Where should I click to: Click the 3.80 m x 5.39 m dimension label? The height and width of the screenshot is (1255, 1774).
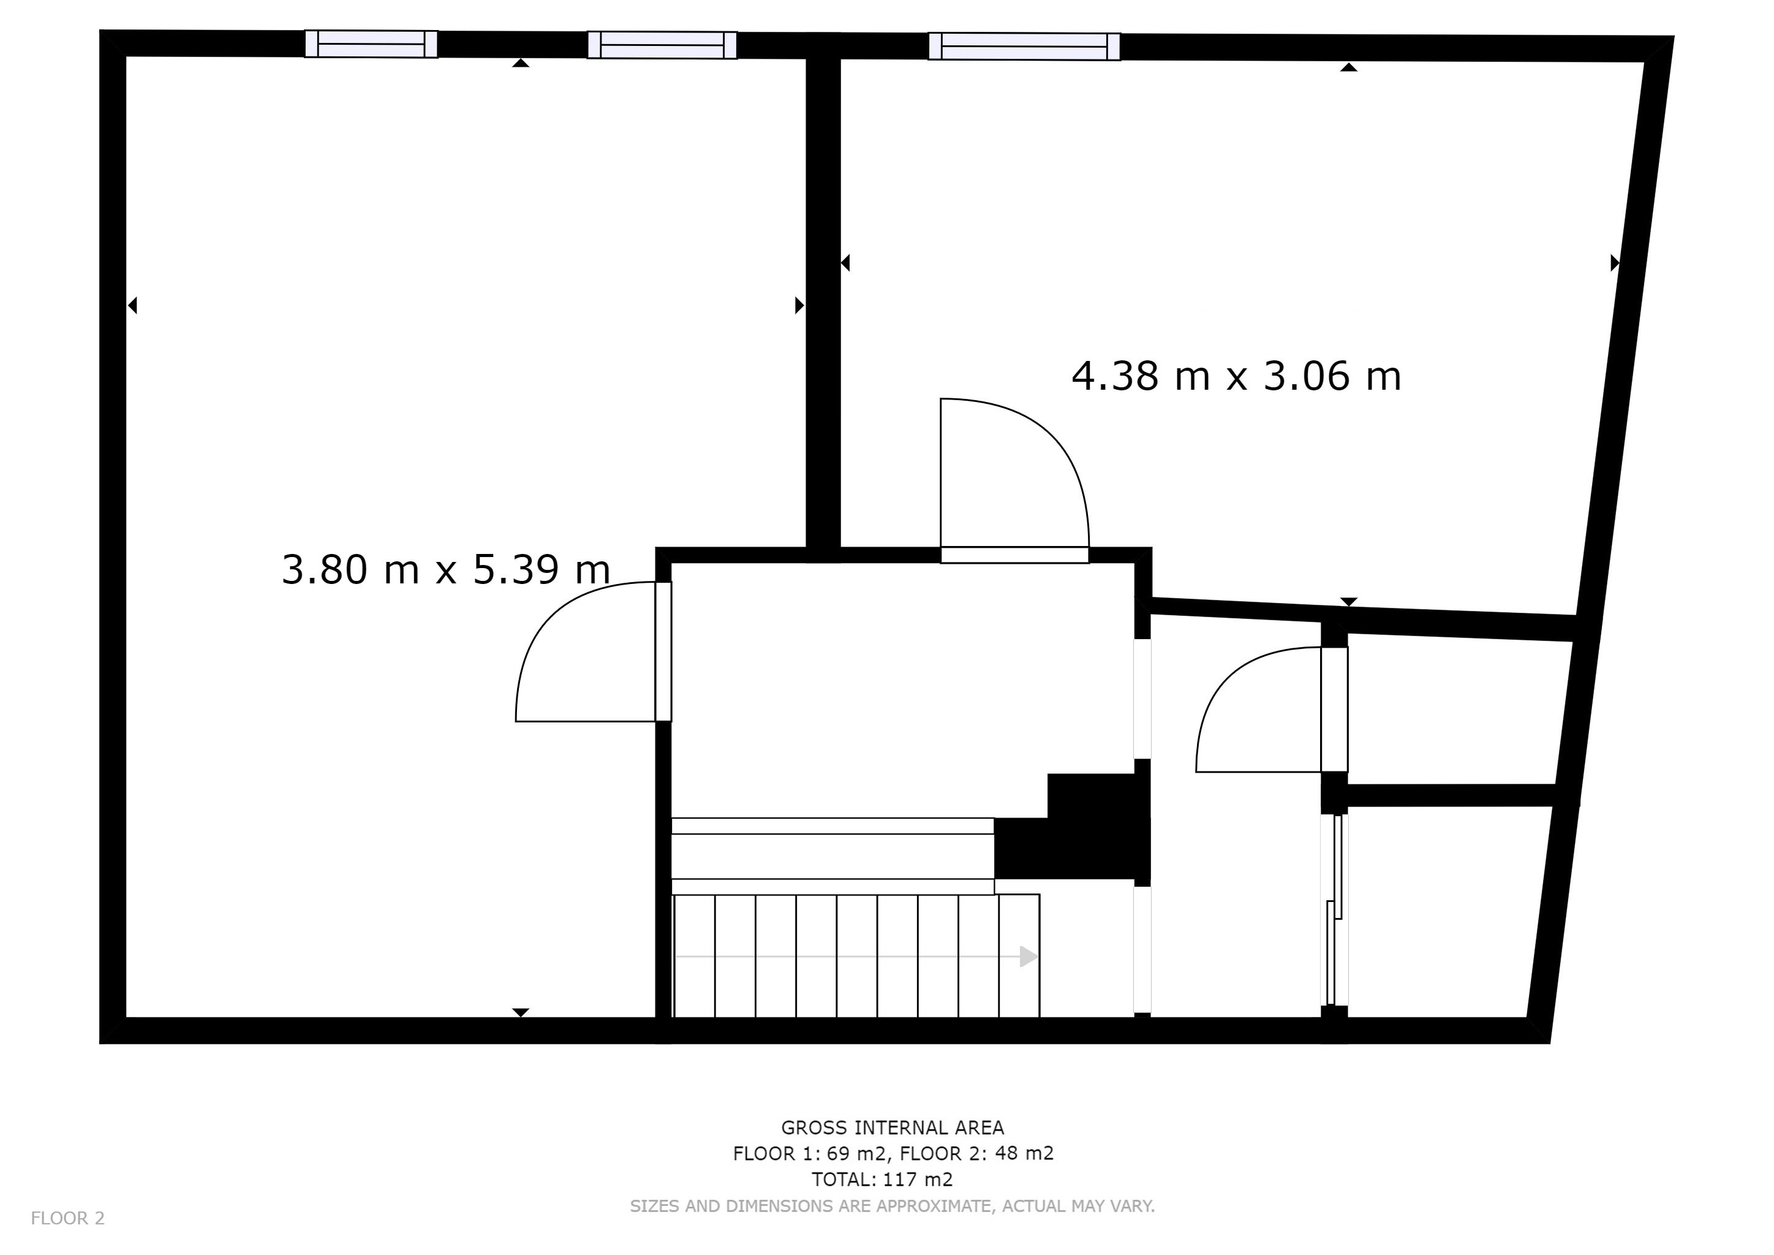(446, 569)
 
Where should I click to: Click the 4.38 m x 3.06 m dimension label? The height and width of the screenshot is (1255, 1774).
(1236, 376)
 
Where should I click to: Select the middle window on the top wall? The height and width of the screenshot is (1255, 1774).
(662, 45)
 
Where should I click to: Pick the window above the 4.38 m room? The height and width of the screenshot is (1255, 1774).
(1024, 47)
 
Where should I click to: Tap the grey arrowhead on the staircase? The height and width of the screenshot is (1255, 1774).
(1029, 957)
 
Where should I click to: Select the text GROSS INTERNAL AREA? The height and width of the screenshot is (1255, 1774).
(893, 1128)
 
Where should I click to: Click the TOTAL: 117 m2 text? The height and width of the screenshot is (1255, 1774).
(882, 1179)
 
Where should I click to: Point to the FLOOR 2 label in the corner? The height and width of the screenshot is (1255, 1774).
(67, 1219)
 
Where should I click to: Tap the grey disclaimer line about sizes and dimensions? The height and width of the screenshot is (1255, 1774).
(893, 1205)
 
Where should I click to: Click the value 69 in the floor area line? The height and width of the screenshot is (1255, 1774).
(839, 1154)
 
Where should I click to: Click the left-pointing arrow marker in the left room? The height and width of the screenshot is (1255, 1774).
(132, 306)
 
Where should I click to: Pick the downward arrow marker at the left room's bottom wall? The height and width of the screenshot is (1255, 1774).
(521, 1012)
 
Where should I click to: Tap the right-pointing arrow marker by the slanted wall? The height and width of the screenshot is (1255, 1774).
(1615, 263)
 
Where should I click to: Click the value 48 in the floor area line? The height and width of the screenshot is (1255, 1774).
(1005, 1154)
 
